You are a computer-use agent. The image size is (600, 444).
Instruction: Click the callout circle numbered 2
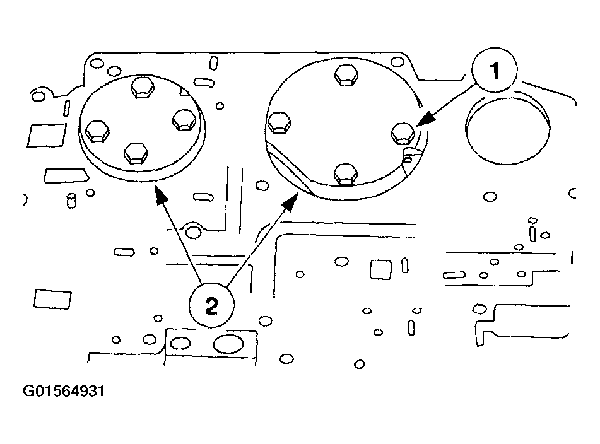pyautogui.click(x=211, y=306)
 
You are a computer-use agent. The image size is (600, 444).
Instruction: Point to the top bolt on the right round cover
pyautogui.click(x=345, y=74)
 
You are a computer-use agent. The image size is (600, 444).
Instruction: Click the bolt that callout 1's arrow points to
pyautogui.click(x=402, y=133)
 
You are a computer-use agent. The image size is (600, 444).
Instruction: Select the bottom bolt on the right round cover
pyautogui.click(x=345, y=173)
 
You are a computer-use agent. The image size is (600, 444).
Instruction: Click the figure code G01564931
pyautogui.click(x=63, y=392)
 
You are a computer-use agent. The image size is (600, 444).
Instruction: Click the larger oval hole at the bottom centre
pyautogui.click(x=226, y=344)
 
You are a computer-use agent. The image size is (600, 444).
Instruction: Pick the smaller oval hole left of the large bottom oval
pyautogui.click(x=180, y=344)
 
